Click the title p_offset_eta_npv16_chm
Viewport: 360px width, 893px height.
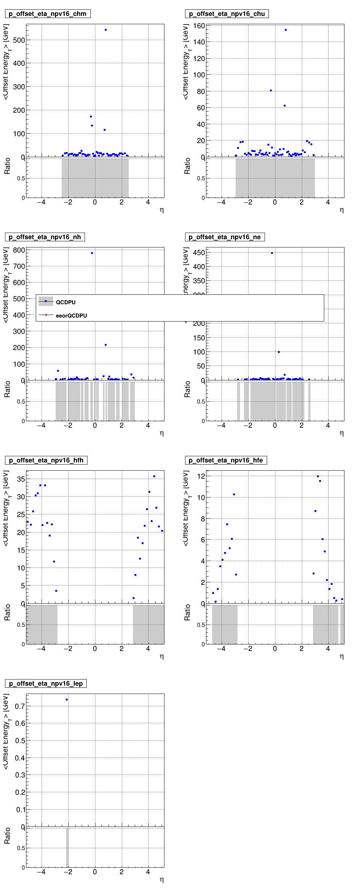pyautogui.click(x=47, y=14)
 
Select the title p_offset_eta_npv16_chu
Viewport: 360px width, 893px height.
pyautogui.click(x=227, y=14)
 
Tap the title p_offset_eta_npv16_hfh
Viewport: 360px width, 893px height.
pyautogui.click(x=46, y=460)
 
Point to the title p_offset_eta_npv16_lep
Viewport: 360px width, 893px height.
pyautogui.click(x=46, y=683)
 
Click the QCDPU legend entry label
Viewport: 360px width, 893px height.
pyautogui.click(x=65, y=302)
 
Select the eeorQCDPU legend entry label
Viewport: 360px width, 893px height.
pyautogui.click(x=71, y=316)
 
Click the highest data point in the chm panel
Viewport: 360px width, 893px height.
pyautogui.click(x=106, y=30)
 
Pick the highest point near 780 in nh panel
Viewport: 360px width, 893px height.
pyautogui.click(x=92, y=253)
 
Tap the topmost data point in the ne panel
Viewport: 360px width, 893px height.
pyautogui.click(x=272, y=253)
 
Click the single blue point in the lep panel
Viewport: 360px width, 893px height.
pyautogui.click(x=67, y=700)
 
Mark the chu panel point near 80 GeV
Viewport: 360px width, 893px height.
pyautogui.click(x=271, y=91)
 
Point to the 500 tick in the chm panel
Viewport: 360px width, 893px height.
pyautogui.click(x=19, y=40)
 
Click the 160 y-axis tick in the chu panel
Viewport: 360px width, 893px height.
pyautogui.click(x=199, y=26)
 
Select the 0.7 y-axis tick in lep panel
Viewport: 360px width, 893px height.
pyautogui.click(x=20, y=706)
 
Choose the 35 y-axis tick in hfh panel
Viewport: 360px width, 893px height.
pyautogui.click(x=21, y=479)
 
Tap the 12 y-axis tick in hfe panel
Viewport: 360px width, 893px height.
pyautogui.click(x=201, y=476)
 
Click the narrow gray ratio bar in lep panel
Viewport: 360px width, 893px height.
pyautogui.click(x=67, y=847)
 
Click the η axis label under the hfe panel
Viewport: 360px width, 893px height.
pyautogui.click(x=342, y=656)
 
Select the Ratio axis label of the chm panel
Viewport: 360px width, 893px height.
pyautogui.click(x=7, y=166)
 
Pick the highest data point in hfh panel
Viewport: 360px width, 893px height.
pyautogui.click(x=154, y=476)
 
